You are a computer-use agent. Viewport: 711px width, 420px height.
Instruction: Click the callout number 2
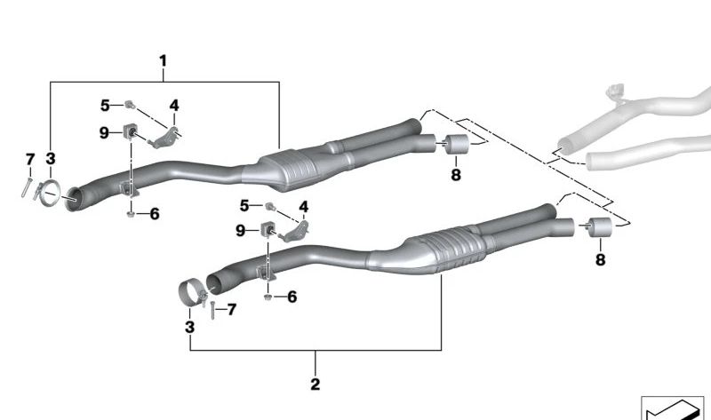315,384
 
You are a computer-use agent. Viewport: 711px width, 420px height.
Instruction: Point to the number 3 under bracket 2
189,328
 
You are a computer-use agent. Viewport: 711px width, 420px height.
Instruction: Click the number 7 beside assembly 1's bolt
29,159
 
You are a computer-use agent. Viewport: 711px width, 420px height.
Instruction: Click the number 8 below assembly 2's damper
600,259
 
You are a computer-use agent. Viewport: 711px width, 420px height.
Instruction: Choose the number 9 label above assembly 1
104,133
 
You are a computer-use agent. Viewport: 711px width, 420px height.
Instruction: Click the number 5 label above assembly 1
104,106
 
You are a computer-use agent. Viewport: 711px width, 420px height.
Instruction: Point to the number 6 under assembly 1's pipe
154,214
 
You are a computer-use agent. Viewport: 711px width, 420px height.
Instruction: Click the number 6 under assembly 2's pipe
291,297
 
